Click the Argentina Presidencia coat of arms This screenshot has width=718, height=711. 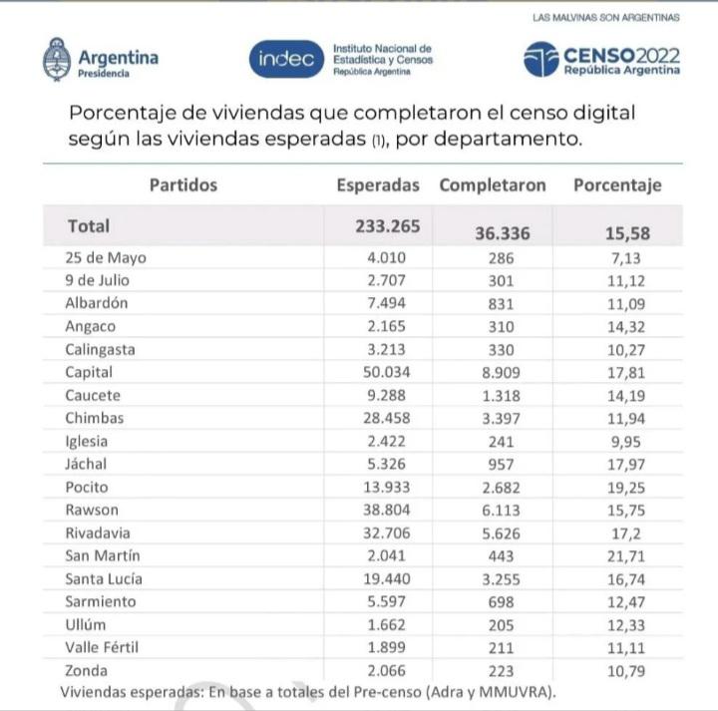tap(56, 59)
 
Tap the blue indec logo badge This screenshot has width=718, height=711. tap(286, 60)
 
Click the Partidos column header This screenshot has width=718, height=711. tap(183, 185)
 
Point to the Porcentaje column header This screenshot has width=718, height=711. tap(617, 185)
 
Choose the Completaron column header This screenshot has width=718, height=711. tap(493, 185)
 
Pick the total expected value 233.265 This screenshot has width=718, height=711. tap(388, 226)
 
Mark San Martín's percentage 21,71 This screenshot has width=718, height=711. tap(628, 555)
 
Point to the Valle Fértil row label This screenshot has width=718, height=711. tap(106, 647)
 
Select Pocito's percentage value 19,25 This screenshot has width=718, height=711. tap(628, 487)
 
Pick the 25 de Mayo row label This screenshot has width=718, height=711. tap(105, 257)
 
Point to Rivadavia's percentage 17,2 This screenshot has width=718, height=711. tap(628, 533)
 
